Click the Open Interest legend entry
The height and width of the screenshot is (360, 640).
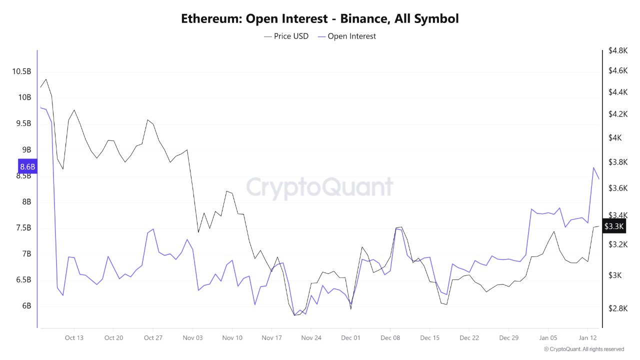point(346,36)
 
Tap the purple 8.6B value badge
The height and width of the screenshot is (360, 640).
point(27,166)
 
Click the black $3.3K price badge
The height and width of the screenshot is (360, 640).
point(613,226)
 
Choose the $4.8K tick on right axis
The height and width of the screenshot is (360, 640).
point(614,50)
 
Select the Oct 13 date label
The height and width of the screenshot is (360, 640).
point(74,338)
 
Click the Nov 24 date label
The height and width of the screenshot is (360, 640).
point(311,338)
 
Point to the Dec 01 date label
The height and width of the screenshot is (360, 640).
point(350,338)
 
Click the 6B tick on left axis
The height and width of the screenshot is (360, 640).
point(25,306)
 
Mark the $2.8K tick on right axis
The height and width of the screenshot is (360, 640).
point(614,308)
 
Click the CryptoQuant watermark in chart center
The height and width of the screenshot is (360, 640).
point(319,187)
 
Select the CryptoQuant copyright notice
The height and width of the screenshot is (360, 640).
point(583,349)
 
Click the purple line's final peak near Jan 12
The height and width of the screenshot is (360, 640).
point(593,167)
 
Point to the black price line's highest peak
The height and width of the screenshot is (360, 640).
point(46,79)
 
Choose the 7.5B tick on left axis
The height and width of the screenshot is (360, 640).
point(23,228)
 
